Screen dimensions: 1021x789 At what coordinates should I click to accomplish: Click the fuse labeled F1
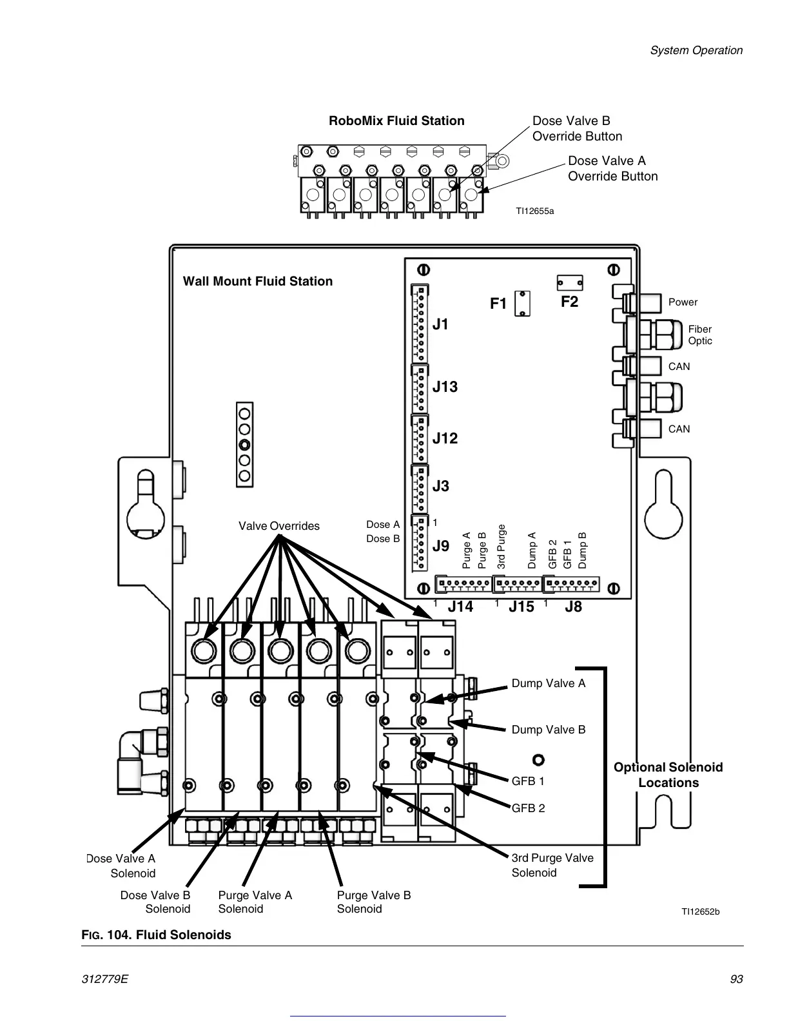(523, 304)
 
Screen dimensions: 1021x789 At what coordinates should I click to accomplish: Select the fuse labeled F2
(570, 283)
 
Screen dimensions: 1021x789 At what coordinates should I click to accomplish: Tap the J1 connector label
(440, 325)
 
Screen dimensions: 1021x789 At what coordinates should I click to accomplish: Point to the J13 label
(445, 387)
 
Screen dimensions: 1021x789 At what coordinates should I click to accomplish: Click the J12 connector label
(445, 438)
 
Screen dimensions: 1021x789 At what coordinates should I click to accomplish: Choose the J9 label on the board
(440, 547)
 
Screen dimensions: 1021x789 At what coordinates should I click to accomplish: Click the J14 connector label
(460, 607)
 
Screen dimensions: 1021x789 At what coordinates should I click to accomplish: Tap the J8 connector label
(573, 607)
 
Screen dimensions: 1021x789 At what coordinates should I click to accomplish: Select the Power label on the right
(683, 302)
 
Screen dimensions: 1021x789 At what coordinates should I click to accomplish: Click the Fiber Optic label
(700, 335)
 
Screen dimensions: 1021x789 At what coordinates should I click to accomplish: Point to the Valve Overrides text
(279, 526)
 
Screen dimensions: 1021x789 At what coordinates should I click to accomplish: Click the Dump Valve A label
(549, 683)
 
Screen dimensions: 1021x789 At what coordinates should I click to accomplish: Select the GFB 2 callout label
(528, 808)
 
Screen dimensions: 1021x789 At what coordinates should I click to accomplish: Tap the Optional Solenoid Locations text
(668, 775)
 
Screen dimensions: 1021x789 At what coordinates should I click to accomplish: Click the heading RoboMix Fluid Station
(396, 121)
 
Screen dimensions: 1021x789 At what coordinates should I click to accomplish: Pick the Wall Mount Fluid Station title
(258, 281)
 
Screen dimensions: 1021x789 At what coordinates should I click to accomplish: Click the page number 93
(736, 979)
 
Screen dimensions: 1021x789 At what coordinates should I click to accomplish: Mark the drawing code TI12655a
(534, 211)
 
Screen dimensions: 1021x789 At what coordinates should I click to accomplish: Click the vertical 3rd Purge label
(502, 547)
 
